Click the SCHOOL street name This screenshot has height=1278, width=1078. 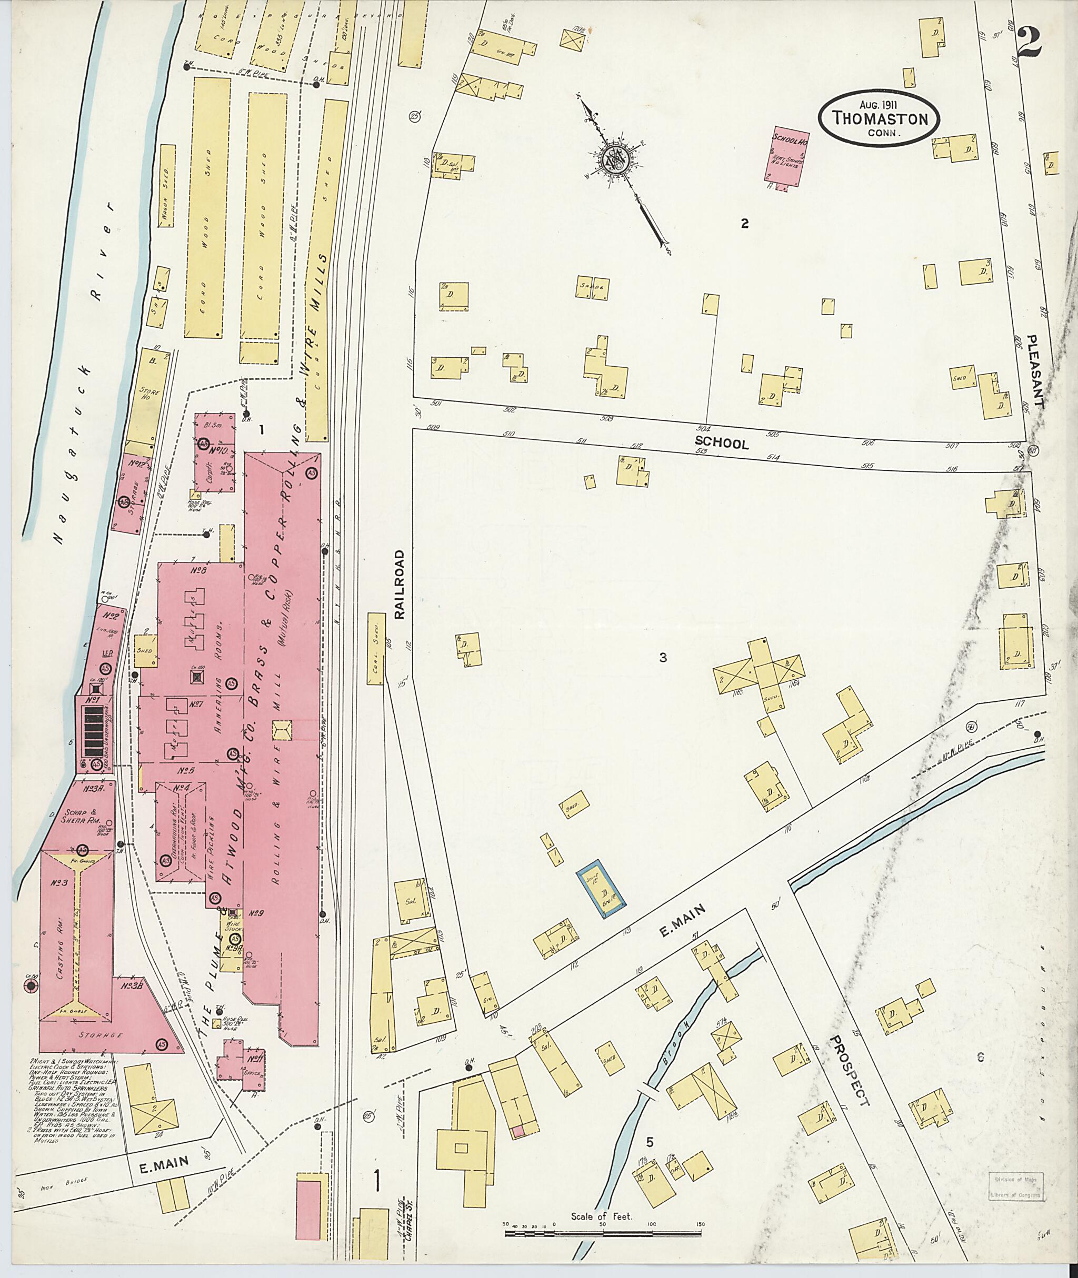[x=729, y=444]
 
